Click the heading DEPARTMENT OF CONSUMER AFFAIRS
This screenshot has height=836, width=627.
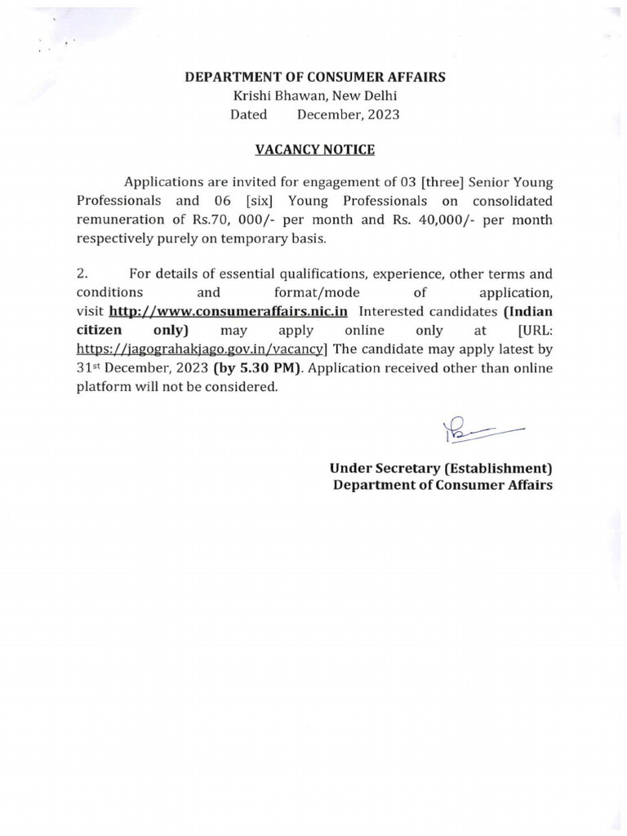(315, 78)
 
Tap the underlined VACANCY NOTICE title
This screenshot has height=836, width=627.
(315, 150)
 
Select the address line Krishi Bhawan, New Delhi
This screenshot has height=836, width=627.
(315, 96)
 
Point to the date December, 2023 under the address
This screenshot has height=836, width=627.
(349, 115)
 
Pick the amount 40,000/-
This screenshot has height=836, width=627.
(447, 220)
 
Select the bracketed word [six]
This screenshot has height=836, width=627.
(260, 201)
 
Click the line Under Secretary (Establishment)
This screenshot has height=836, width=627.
(441, 469)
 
